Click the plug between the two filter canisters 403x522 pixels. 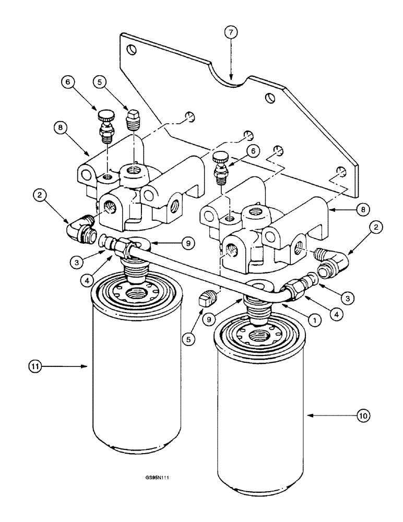point(207,300)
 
